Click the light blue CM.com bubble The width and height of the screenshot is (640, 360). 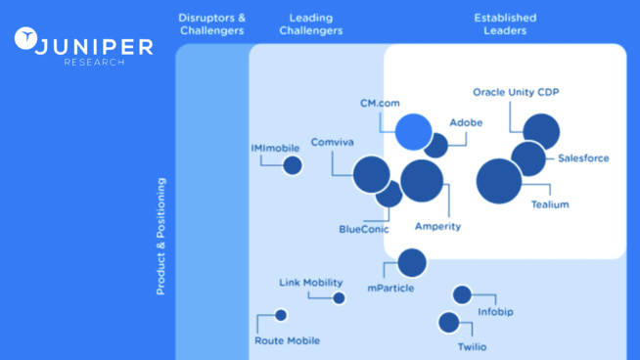click(x=413, y=131)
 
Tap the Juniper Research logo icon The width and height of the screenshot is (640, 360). click(x=27, y=40)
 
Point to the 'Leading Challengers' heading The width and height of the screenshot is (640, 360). click(x=311, y=24)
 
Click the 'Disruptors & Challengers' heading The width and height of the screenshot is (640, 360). click(x=211, y=24)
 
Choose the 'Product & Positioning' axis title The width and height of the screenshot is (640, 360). click(x=161, y=236)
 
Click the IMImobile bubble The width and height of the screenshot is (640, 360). click(x=292, y=165)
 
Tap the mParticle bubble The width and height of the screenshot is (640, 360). click(x=412, y=262)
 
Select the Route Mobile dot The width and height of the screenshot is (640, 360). click(x=281, y=315)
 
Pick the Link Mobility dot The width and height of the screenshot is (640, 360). click(x=339, y=298)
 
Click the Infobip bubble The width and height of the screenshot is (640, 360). click(x=462, y=294)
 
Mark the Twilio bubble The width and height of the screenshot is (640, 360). click(x=448, y=322)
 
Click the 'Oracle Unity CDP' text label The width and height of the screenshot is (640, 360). click(x=516, y=92)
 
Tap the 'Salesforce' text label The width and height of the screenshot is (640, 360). click(x=583, y=158)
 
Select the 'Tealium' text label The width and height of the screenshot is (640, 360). click(x=549, y=204)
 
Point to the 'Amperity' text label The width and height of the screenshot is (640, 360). click(x=437, y=226)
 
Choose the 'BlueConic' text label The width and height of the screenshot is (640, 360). click(x=363, y=229)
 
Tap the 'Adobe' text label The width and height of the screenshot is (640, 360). click(x=466, y=122)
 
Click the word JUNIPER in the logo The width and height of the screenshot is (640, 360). click(x=94, y=46)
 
